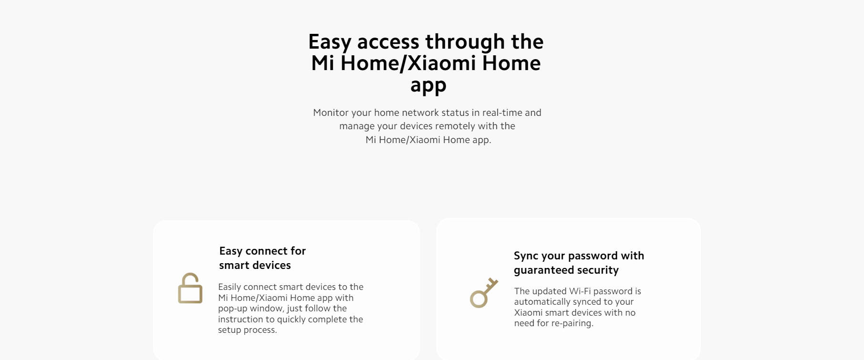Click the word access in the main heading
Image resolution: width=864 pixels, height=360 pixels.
[x=388, y=42]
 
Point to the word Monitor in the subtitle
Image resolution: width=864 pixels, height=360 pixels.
[x=331, y=113]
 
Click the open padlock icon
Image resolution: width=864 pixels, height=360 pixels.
[x=190, y=288]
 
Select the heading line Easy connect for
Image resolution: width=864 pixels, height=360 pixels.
[x=262, y=251]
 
